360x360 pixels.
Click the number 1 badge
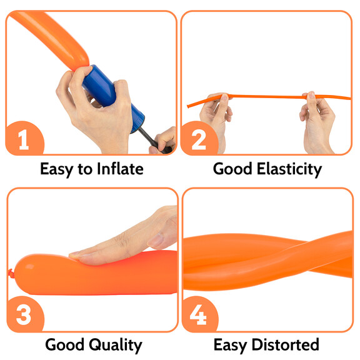pos(25,138)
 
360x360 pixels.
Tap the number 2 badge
pos(199,138)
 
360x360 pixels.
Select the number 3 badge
pos(25,314)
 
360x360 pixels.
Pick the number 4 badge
pos(199,314)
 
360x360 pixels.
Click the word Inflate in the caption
pos(120,169)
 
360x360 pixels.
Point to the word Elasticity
pos(289,169)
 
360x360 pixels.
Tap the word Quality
pos(115,345)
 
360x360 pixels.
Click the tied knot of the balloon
pos(11,273)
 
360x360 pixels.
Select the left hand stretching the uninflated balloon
pos(216,119)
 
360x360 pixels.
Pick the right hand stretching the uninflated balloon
pos(317,122)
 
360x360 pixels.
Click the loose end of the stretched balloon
pos(188,106)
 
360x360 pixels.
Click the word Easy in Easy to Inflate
pos(56,169)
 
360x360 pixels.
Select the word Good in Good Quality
pos(65,344)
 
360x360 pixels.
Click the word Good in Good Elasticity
pos(232,169)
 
